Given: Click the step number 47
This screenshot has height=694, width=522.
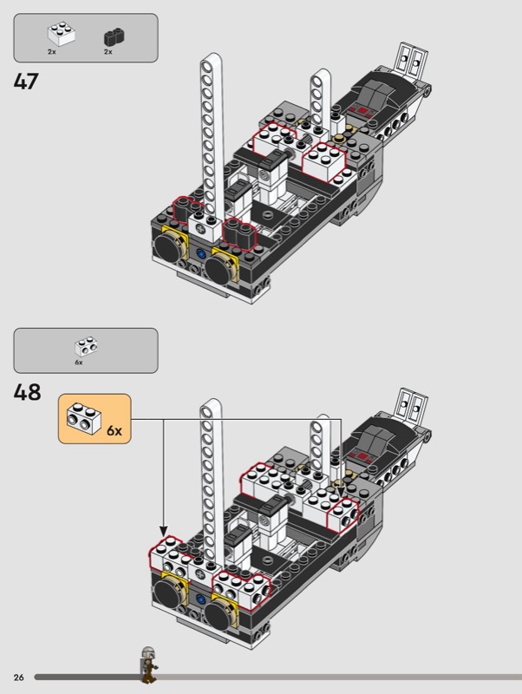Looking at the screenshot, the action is tap(26, 82).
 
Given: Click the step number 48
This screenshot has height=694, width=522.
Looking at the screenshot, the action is tap(27, 392).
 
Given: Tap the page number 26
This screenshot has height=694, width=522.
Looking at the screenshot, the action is tap(18, 678).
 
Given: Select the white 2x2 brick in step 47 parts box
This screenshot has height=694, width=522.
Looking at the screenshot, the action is tap(61, 34).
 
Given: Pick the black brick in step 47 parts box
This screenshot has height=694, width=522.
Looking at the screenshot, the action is tap(114, 37).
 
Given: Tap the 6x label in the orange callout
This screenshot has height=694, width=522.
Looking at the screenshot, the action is tap(114, 430).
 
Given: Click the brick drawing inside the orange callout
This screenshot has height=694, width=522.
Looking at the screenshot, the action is tap(83, 418).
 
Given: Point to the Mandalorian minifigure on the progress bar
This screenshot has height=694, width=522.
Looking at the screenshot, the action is tap(148, 665).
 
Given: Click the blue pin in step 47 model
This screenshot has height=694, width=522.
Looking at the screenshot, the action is tap(201, 254).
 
